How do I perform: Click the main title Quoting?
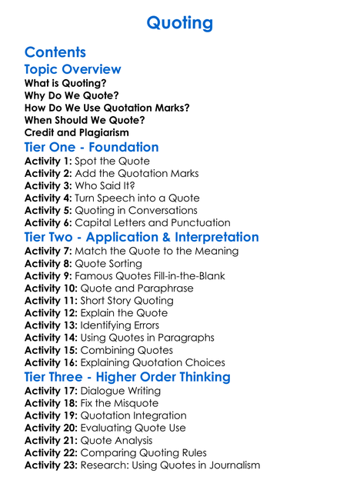click(x=179, y=23)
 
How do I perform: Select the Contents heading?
click(x=55, y=52)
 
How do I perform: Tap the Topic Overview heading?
click(x=72, y=70)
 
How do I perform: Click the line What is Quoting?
click(x=65, y=83)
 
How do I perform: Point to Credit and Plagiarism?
click(x=76, y=132)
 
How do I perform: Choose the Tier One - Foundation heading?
click(x=92, y=147)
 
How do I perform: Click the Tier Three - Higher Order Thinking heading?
click(x=127, y=377)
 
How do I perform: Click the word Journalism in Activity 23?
click(x=230, y=465)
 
